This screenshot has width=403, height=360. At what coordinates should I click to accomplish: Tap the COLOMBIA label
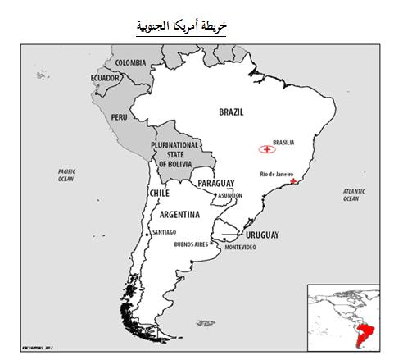click(130, 62)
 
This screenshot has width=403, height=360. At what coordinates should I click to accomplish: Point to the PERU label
click(120, 116)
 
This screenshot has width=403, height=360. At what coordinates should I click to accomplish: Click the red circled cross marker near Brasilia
click(265, 150)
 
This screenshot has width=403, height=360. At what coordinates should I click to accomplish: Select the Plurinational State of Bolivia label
click(175, 153)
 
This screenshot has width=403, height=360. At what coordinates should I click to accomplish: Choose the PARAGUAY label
click(216, 183)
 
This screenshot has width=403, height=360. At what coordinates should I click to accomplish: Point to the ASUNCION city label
click(230, 195)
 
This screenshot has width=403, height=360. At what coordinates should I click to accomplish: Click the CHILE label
click(158, 193)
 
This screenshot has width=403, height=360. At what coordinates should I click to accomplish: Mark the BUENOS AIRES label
click(192, 244)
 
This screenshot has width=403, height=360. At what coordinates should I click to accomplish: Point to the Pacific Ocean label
click(66, 175)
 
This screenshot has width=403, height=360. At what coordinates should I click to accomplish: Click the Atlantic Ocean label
click(351, 194)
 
